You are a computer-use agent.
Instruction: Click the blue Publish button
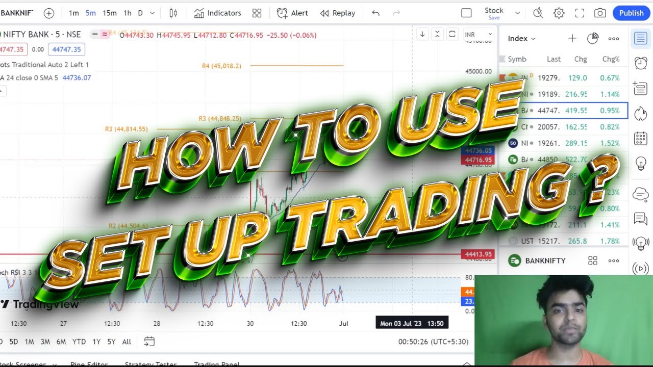(631, 13)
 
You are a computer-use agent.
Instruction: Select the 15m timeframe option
(110, 13)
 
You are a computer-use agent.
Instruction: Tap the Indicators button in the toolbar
(218, 13)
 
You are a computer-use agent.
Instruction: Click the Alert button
(293, 13)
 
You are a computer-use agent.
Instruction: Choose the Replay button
(338, 13)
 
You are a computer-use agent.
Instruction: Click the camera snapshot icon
(600, 13)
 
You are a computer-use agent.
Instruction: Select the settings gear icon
(559, 13)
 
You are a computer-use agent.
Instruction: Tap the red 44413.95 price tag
(478, 254)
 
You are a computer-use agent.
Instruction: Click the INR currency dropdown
(478, 35)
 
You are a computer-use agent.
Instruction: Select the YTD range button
(79, 342)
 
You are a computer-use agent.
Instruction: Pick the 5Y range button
(111, 342)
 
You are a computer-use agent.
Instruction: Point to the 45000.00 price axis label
(479, 71)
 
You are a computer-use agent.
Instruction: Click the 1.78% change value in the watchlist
(610, 241)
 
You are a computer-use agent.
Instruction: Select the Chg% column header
(611, 59)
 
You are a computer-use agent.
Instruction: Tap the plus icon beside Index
(572, 38)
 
